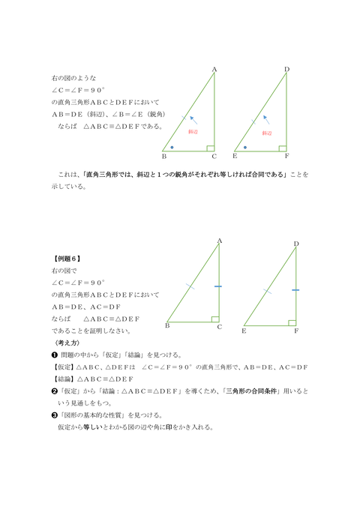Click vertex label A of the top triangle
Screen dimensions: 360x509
pos(214,70)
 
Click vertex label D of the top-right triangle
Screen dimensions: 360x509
pos(286,70)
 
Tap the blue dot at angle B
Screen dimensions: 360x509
pos(172,147)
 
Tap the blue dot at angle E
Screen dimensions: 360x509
pos(244,147)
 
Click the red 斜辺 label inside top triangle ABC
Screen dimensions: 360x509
pos(193,132)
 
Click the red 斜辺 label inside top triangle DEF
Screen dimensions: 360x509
pos(266,132)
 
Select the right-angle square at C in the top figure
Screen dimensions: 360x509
pos(211,148)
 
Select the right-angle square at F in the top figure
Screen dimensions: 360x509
pos(283,148)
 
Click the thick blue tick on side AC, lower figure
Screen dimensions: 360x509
pos(218,286)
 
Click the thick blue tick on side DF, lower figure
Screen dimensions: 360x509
pos(296,289)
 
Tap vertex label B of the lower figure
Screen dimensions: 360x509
pos(167,326)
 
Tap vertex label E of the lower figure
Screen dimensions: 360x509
pos(244,330)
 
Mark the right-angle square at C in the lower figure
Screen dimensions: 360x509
pos(215,318)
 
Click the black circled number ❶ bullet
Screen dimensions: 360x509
pos(53,355)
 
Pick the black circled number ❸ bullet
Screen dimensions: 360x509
pos(53,415)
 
